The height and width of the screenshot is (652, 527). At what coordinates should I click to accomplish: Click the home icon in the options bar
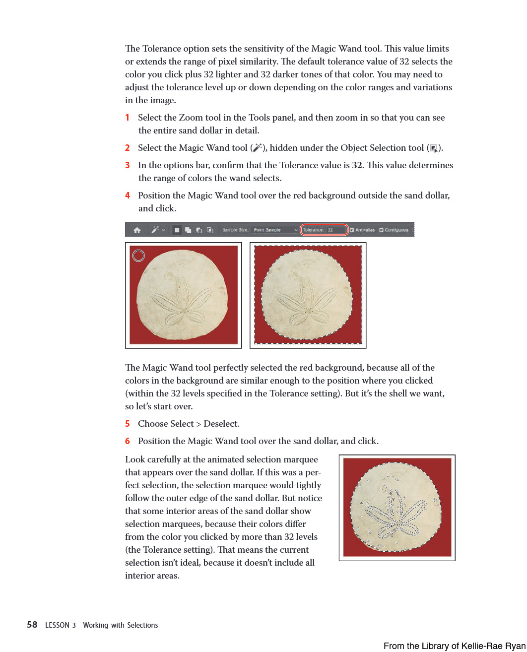[137, 230]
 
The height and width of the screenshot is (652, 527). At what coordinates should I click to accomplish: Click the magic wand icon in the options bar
[156, 230]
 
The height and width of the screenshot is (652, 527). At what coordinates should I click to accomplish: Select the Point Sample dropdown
[275, 230]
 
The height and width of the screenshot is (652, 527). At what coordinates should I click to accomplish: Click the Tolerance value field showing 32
[336, 230]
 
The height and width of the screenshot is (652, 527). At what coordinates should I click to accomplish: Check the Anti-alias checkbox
[352, 230]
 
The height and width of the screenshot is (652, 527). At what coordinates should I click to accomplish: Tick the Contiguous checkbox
[381, 230]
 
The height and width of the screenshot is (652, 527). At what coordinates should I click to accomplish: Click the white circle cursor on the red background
[139, 256]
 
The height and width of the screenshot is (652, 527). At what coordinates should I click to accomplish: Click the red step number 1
[127, 118]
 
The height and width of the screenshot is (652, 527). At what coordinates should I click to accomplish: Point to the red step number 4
[128, 196]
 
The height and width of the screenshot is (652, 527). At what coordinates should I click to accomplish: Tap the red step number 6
[128, 441]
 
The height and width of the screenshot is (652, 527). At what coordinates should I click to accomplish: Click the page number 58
[32, 625]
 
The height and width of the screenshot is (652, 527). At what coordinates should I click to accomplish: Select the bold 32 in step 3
[357, 165]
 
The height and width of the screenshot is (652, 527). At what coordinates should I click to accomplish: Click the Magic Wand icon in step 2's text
[257, 148]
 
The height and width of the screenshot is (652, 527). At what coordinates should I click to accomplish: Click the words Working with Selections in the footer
[121, 625]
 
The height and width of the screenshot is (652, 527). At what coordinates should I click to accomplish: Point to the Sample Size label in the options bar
[235, 230]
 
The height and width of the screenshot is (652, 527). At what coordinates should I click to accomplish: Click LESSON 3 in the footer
[61, 625]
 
